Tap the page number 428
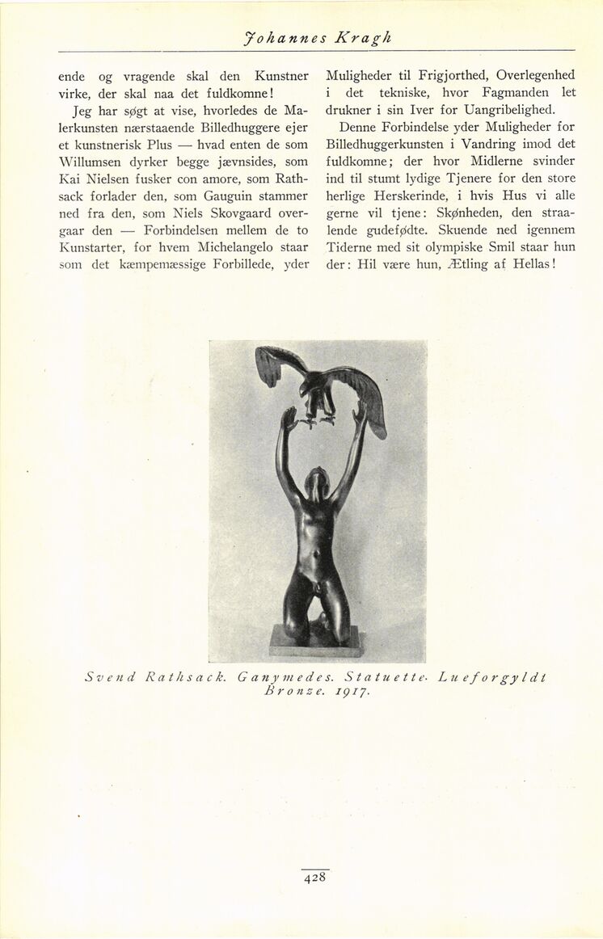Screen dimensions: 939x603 [315, 879]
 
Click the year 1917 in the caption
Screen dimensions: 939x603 [350, 692]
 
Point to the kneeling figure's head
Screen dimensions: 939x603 [317, 481]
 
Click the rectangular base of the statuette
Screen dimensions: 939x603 [315, 642]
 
